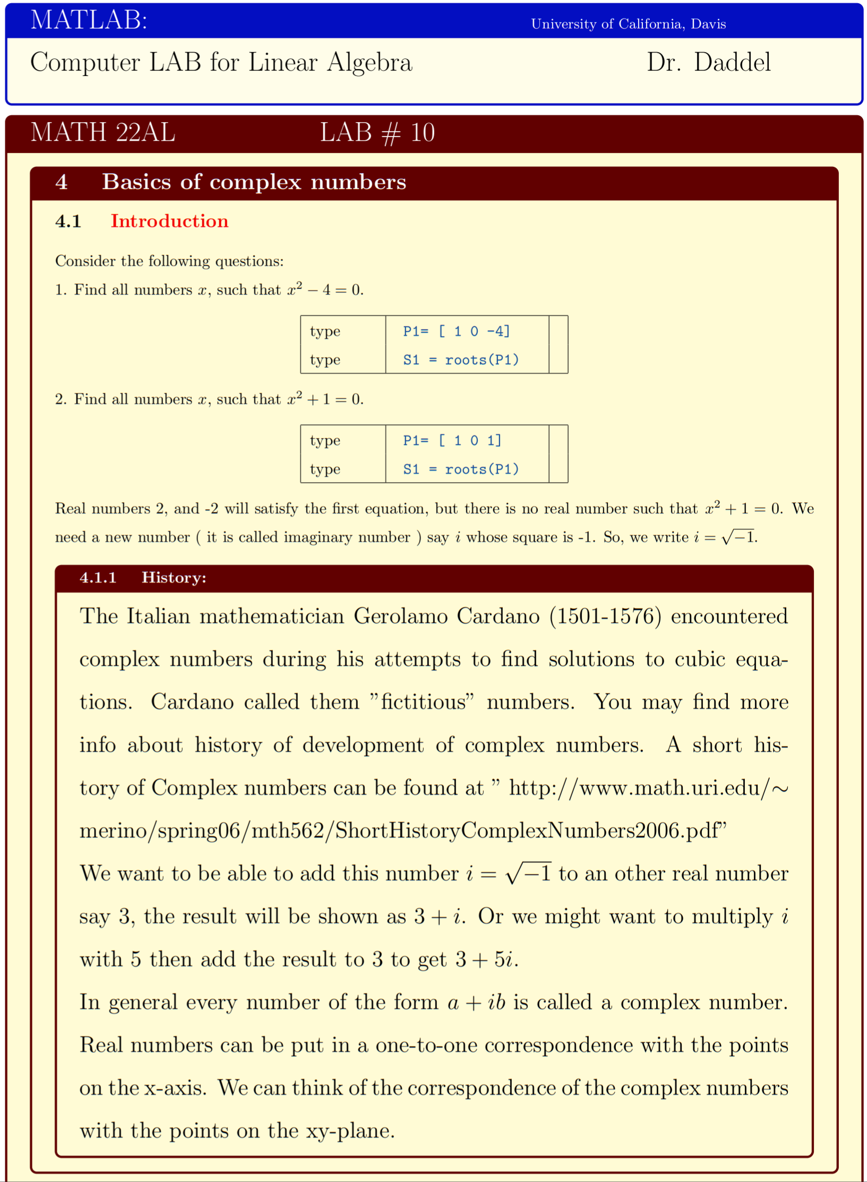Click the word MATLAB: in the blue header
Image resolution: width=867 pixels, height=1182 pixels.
click(89, 21)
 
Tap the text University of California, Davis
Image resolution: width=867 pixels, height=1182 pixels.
click(628, 24)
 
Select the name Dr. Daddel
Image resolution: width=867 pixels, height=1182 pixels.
click(708, 63)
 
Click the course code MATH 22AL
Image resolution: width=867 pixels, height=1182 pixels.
click(102, 132)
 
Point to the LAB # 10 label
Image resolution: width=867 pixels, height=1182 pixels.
click(377, 132)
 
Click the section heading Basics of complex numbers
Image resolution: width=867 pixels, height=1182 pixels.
click(254, 182)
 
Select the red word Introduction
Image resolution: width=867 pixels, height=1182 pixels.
click(169, 221)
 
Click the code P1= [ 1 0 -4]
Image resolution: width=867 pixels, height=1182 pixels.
click(456, 331)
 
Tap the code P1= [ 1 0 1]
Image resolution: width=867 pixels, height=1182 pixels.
click(452, 440)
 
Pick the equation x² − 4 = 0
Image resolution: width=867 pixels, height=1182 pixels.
click(325, 289)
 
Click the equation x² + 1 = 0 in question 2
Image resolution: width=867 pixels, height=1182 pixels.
click(325, 399)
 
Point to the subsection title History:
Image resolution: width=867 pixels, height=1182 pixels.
click(174, 578)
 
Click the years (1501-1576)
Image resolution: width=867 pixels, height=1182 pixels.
click(605, 616)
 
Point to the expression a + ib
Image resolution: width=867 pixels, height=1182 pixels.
click(476, 1003)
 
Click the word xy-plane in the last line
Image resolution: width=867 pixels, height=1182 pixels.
click(349, 1131)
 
